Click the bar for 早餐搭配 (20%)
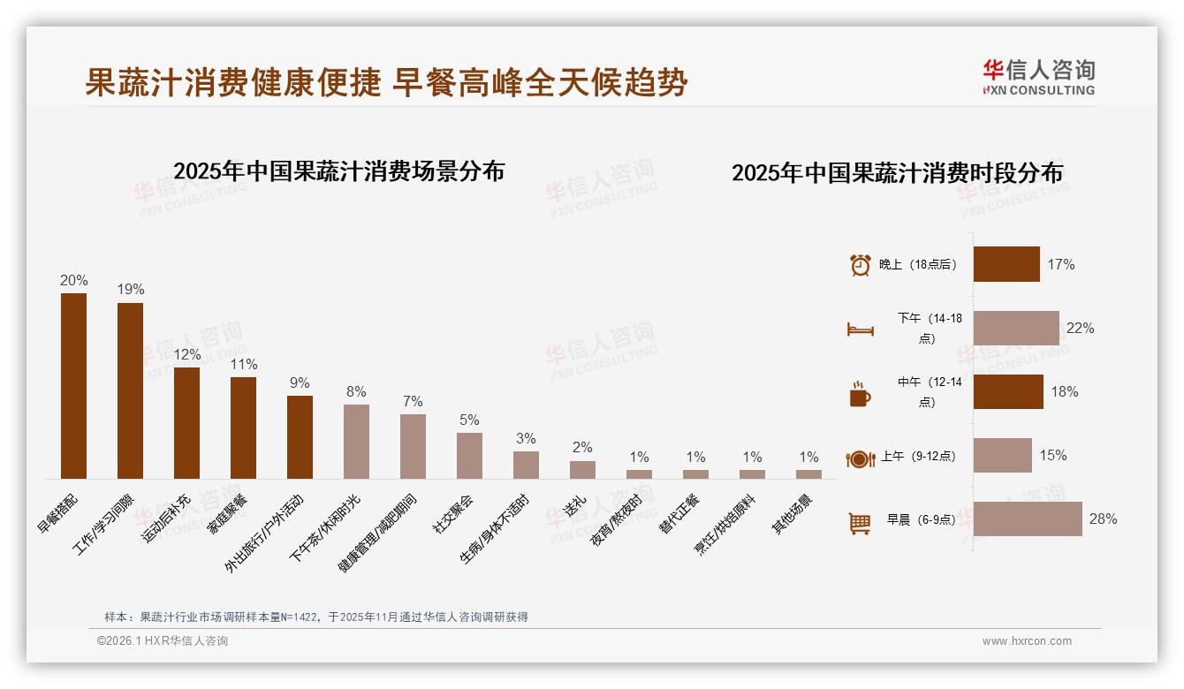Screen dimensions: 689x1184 coord(73,386)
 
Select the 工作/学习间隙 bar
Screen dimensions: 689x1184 coord(130,390)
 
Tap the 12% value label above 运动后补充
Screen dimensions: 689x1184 coord(186,354)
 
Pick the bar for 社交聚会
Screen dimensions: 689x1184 coord(469,456)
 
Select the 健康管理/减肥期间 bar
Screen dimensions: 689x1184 coord(413,446)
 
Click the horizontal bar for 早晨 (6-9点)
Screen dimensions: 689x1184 coord(1028,519)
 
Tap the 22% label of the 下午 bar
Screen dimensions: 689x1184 coord(1080,328)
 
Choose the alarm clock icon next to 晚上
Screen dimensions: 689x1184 coord(860,265)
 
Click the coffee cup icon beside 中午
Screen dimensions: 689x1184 coord(860,394)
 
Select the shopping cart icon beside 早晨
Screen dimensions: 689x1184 coord(860,524)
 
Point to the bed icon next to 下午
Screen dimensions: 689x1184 coord(860,329)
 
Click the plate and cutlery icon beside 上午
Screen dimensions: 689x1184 coord(860,458)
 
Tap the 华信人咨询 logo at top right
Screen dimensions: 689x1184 coord(1038,77)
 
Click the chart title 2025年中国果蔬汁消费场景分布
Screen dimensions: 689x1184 coord(338,171)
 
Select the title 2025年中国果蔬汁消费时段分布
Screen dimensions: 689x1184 coord(897,173)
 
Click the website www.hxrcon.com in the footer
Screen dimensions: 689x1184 coord(1027,641)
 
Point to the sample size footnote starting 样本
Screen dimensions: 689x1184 coord(315,617)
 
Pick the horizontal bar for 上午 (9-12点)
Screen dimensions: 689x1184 coord(1002,456)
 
